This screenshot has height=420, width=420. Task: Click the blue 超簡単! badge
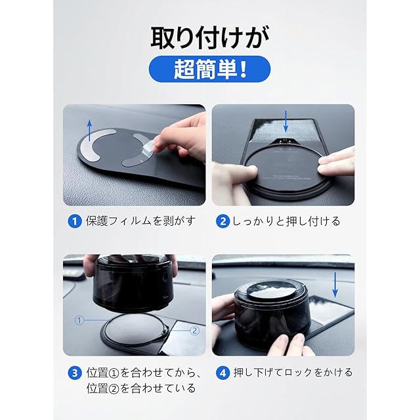[209, 69]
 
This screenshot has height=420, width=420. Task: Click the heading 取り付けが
[210, 38]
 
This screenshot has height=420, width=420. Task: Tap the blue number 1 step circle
[75, 222]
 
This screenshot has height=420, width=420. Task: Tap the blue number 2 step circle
[223, 222]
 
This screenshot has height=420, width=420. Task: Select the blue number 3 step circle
[75, 373]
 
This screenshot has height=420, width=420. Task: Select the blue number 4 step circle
[223, 373]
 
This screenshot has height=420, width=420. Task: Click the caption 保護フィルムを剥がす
[141, 221]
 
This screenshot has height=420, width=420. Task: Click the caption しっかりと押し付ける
[286, 221]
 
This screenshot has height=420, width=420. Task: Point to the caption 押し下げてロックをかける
[293, 373]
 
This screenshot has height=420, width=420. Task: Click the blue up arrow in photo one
[90, 130]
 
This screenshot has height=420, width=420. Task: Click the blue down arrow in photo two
[286, 121]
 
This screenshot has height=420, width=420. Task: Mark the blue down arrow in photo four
[335, 285]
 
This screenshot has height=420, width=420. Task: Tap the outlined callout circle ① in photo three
[79, 320]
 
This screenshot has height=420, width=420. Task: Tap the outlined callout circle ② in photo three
[195, 330]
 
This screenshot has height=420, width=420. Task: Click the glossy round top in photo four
[271, 290]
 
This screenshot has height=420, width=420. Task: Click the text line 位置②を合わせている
[141, 388]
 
